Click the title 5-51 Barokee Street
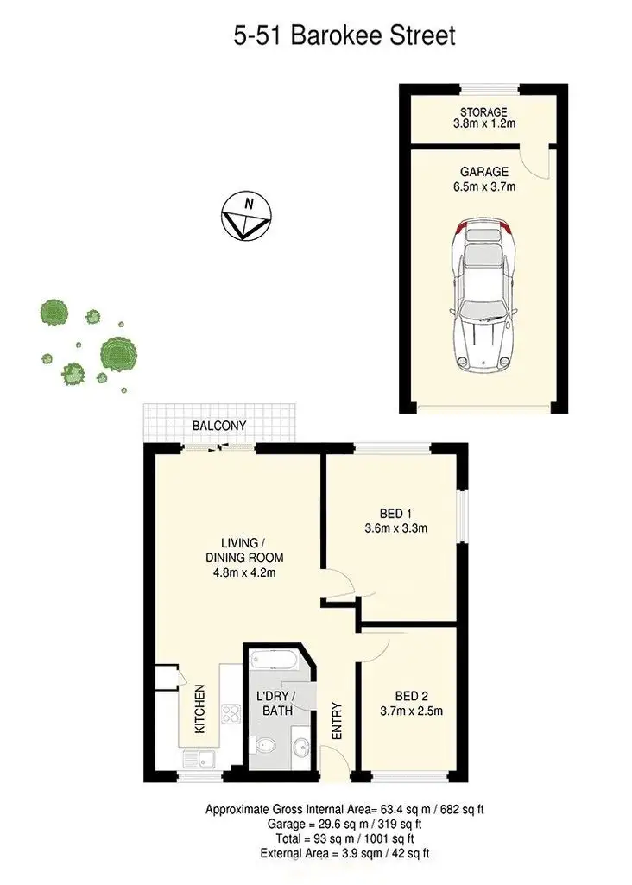tap(344, 35)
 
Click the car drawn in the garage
tap(483, 293)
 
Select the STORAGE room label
tap(483, 112)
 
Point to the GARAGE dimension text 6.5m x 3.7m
tap(483, 186)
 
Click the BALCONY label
tap(219, 426)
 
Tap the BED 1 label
tap(392, 510)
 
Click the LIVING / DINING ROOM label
tap(238, 557)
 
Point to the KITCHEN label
tap(199, 709)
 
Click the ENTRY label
tap(336, 722)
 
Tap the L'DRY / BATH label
tap(276, 704)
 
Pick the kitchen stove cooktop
tap(231, 713)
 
